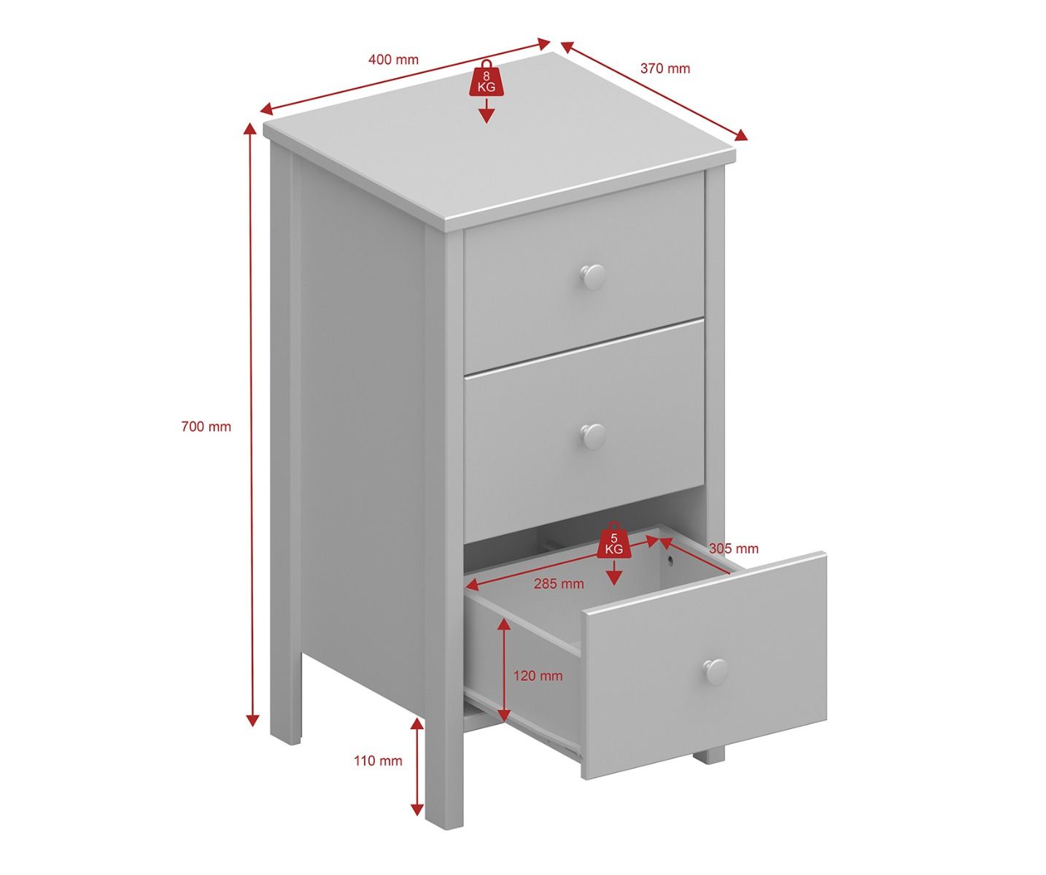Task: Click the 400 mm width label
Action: click(x=393, y=60)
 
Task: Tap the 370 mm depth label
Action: click(x=665, y=68)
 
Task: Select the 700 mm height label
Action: click(x=206, y=427)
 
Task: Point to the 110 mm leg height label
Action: click(x=378, y=761)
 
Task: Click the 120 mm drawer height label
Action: click(x=538, y=676)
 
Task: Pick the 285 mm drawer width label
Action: click(x=559, y=583)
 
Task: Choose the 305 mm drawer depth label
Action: click(x=733, y=548)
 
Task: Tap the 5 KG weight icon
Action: click(x=613, y=540)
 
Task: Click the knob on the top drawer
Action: click(x=593, y=277)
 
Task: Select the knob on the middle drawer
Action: click(x=594, y=436)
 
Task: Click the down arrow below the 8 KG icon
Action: click(x=486, y=111)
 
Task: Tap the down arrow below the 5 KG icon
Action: click(x=613, y=572)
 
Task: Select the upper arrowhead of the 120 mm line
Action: click(x=505, y=625)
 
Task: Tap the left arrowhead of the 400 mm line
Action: click(x=268, y=122)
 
